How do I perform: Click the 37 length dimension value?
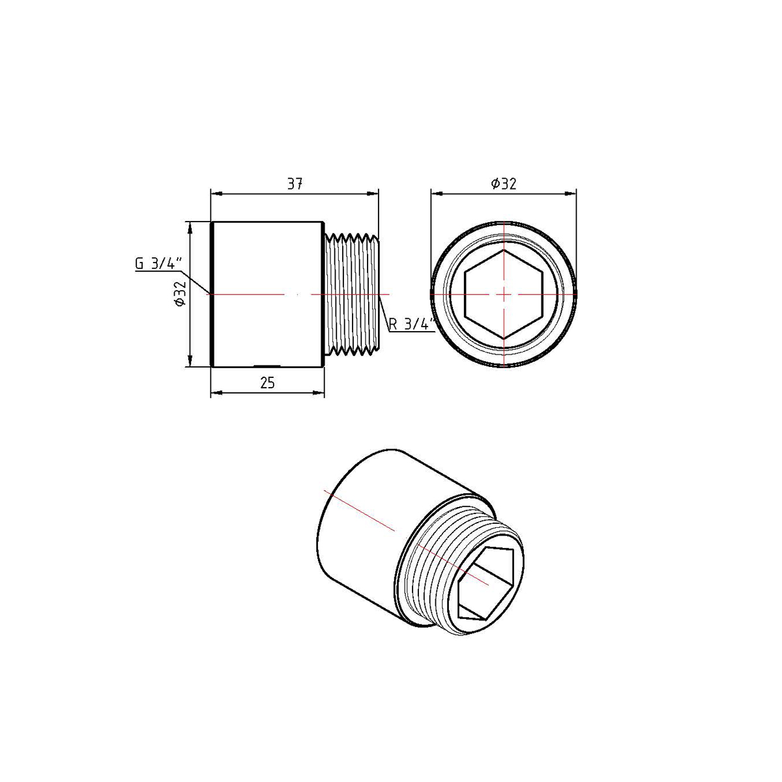(x=295, y=184)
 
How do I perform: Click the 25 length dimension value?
(x=267, y=383)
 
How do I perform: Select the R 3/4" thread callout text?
(x=411, y=325)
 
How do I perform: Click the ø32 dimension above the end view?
(x=503, y=184)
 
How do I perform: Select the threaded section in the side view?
(x=353, y=294)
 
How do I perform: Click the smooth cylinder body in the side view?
(x=268, y=294)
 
